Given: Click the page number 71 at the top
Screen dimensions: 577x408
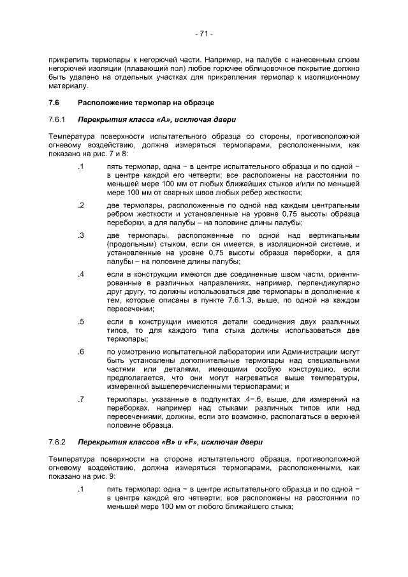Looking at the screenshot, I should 204,34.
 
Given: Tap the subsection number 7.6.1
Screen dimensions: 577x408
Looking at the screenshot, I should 57,119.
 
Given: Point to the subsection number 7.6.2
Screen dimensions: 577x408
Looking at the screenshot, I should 57,442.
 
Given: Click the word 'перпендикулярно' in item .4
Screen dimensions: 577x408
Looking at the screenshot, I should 328,283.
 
